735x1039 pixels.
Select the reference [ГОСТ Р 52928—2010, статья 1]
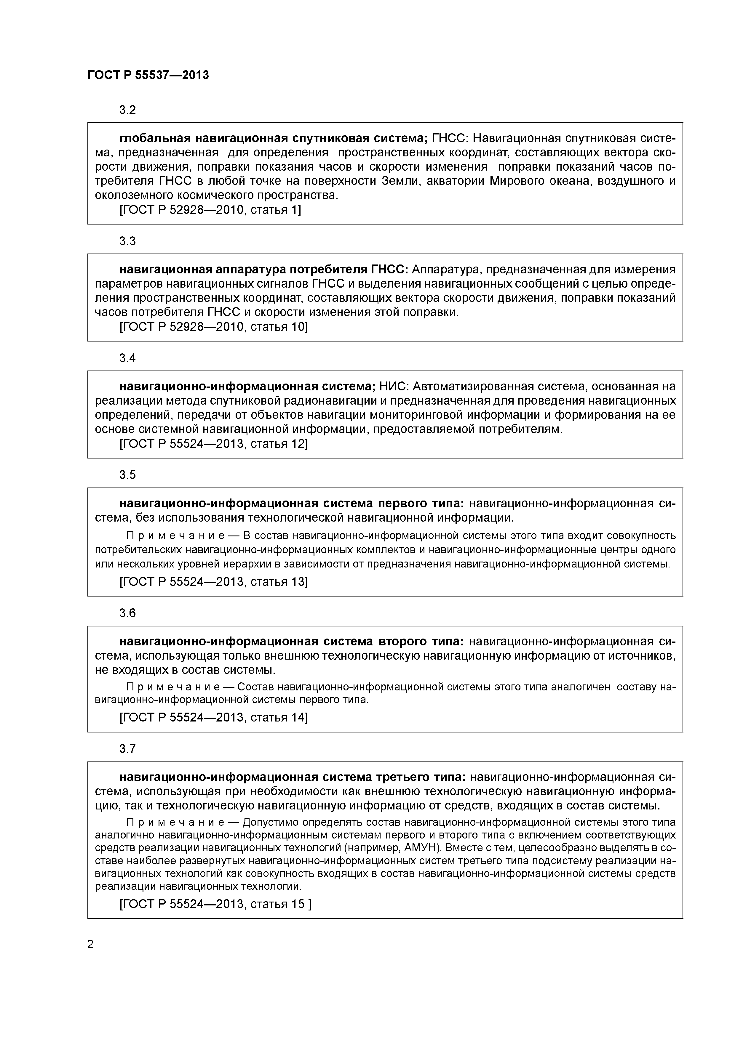pyautogui.click(x=210, y=210)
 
